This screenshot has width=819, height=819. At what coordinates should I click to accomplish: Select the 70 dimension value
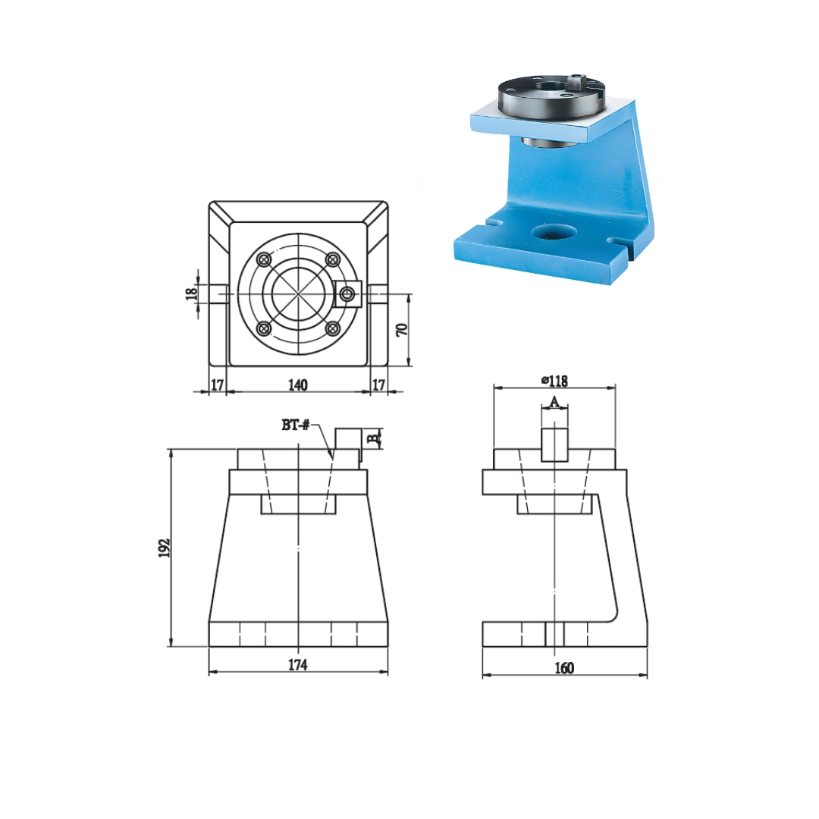point(402,329)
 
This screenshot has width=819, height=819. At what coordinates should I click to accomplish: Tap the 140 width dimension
point(298,385)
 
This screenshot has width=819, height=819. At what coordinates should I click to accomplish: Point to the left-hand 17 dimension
point(217,385)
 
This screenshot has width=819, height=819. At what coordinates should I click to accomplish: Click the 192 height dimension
point(165,548)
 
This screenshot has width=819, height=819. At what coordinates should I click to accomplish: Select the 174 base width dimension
point(297,665)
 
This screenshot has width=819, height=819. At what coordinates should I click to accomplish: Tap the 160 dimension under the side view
point(564,667)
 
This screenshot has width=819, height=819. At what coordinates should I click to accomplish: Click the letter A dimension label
point(554,401)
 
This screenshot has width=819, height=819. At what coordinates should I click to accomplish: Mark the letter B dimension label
point(372,438)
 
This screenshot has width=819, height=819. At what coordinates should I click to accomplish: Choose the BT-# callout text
point(296,425)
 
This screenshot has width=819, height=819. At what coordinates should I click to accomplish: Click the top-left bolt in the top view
point(264,259)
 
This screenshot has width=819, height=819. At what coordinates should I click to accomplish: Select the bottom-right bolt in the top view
point(332,328)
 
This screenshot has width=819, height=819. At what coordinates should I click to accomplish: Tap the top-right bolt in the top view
point(332,259)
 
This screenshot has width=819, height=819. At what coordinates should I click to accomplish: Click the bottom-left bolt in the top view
point(264,328)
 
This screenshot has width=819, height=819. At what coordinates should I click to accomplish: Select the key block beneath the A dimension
point(554,444)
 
